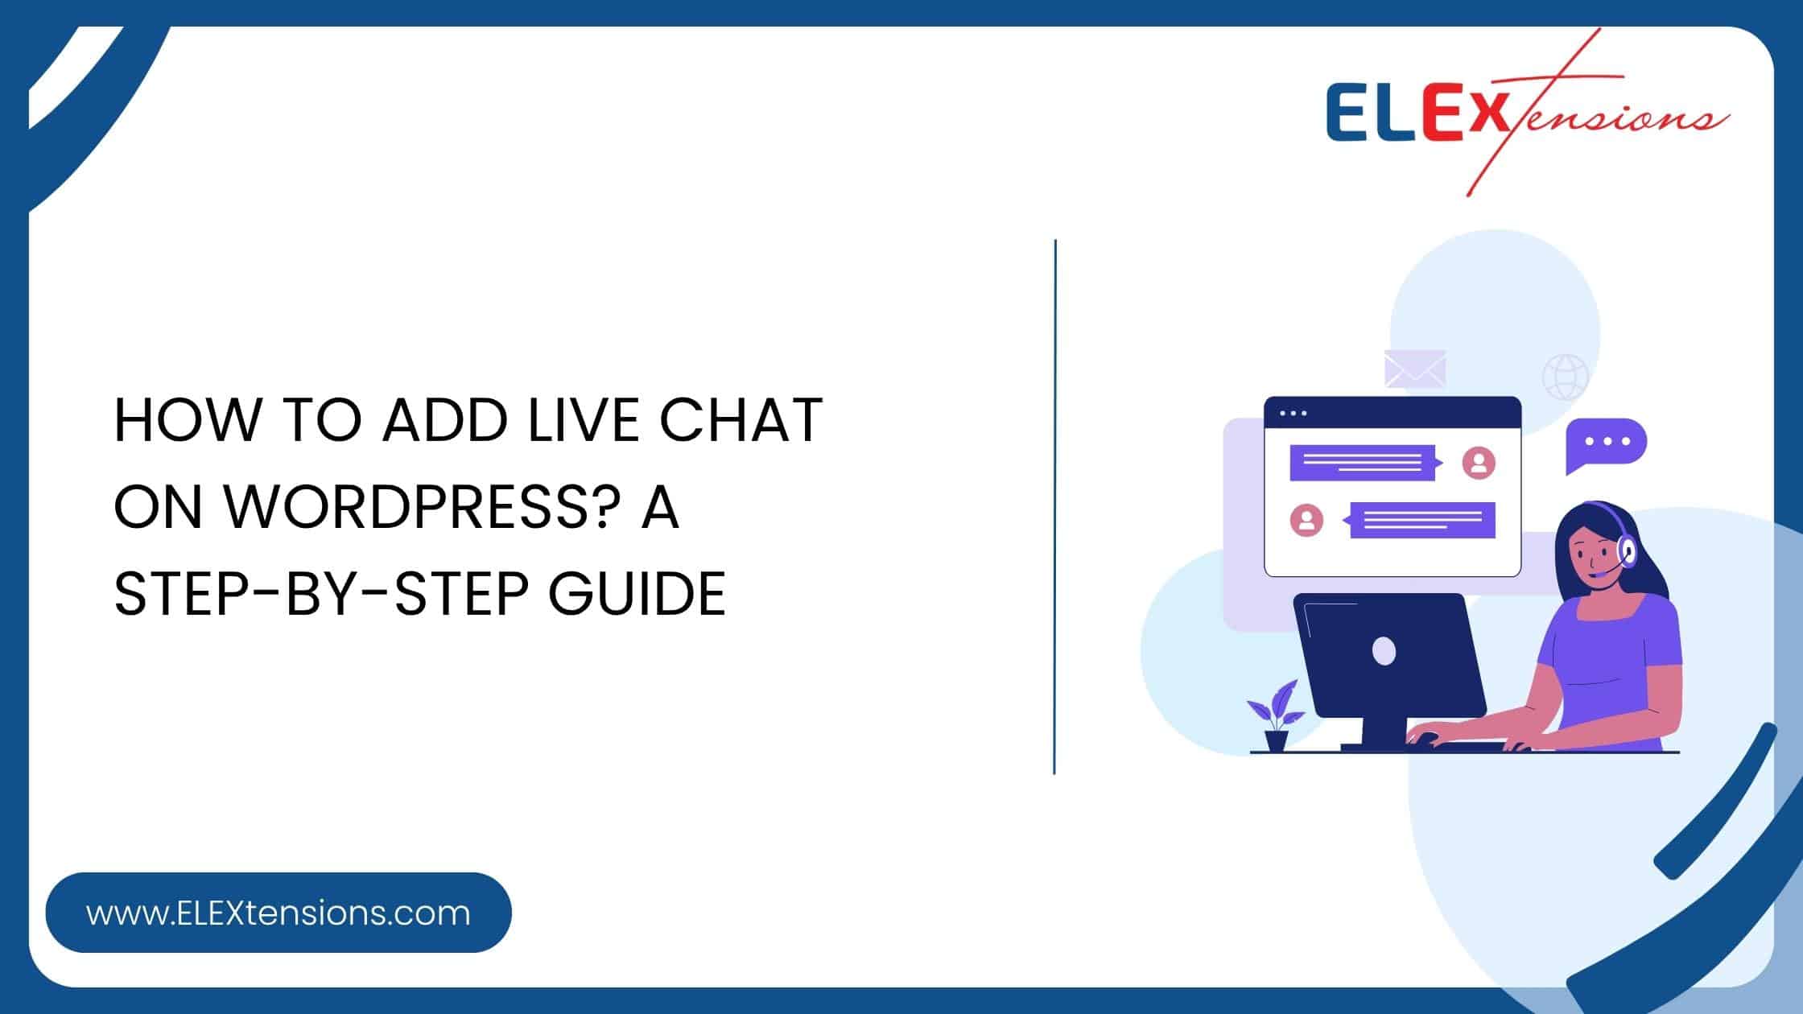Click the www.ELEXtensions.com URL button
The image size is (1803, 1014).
pos(278,913)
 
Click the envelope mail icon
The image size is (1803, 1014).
pos(1415,369)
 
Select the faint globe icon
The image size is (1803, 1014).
pos(1566,377)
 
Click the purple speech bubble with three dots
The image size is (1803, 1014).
pos(1605,443)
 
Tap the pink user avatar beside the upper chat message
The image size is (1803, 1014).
pos(1479,463)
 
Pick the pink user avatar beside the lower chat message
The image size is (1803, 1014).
pos(1306,520)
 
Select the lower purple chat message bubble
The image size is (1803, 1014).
pos(1422,520)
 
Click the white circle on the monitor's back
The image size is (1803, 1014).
pos(1384,651)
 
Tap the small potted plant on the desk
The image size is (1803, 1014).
pos(1276,716)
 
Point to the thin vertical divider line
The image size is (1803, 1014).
pos(1054,507)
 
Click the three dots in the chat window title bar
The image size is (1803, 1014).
pos(1293,414)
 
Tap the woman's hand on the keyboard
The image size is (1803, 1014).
pos(1429,736)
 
